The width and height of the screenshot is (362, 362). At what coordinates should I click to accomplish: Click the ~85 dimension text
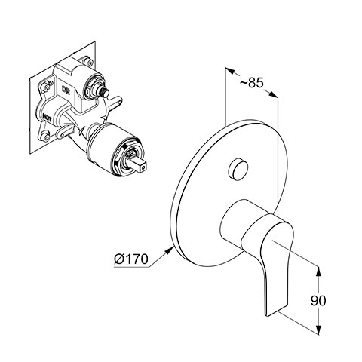coord(251,82)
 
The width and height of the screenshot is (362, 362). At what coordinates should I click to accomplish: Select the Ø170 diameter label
coord(131,259)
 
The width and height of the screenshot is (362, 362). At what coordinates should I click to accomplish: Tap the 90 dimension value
coord(318,300)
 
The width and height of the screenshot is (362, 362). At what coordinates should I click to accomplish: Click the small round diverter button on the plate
coord(238,169)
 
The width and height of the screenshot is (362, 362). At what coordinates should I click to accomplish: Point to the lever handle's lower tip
coord(267,314)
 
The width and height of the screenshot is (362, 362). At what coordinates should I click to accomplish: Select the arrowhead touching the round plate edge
coord(169,250)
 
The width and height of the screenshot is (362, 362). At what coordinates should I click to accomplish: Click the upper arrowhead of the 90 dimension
coord(318,271)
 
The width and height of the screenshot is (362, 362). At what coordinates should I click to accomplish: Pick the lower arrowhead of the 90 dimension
coord(318,330)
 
